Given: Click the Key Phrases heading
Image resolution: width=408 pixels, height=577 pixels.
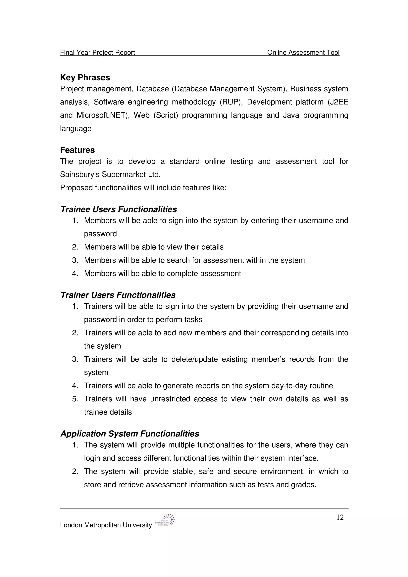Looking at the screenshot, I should pyautogui.click(x=85, y=77).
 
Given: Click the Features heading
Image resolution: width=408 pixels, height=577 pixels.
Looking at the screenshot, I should pyautogui.click(x=77, y=150).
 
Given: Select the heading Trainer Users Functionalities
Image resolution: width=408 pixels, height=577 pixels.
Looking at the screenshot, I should pyautogui.click(x=118, y=295).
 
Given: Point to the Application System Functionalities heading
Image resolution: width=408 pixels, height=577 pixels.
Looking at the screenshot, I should pyautogui.click(x=130, y=434).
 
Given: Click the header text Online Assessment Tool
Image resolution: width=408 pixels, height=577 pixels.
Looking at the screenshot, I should pyautogui.click(x=303, y=53).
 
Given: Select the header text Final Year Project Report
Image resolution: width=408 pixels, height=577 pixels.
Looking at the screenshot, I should pyautogui.click(x=98, y=53).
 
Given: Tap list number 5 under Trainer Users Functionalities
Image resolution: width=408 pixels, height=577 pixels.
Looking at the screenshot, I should pyautogui.click(x=75, y=399).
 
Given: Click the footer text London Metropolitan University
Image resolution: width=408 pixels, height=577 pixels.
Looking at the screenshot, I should pyautogui.click(x=106, y=525).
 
